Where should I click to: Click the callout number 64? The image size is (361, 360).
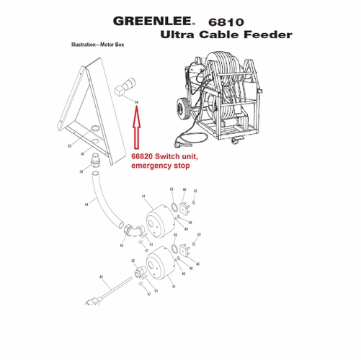tap(136, 103)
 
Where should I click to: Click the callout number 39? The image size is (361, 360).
tap(81, 171)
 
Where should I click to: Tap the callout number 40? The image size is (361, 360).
tap(83, 154)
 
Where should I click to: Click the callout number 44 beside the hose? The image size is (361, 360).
tap(86, 205)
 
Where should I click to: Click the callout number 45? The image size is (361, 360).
tap(102, 276)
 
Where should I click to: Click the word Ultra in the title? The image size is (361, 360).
tap(184, 34)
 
